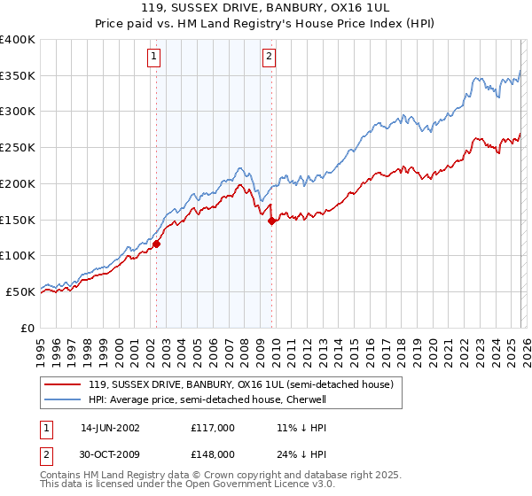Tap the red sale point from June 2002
coord(157,244)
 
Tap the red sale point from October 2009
coord(272,221)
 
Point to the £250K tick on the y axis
coord(18,148)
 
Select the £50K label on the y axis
coord(20,291)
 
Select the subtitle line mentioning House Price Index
coord(265,25)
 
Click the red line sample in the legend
coord(64,384)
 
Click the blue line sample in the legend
coord(64,399)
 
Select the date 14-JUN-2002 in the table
coord(110,427)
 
